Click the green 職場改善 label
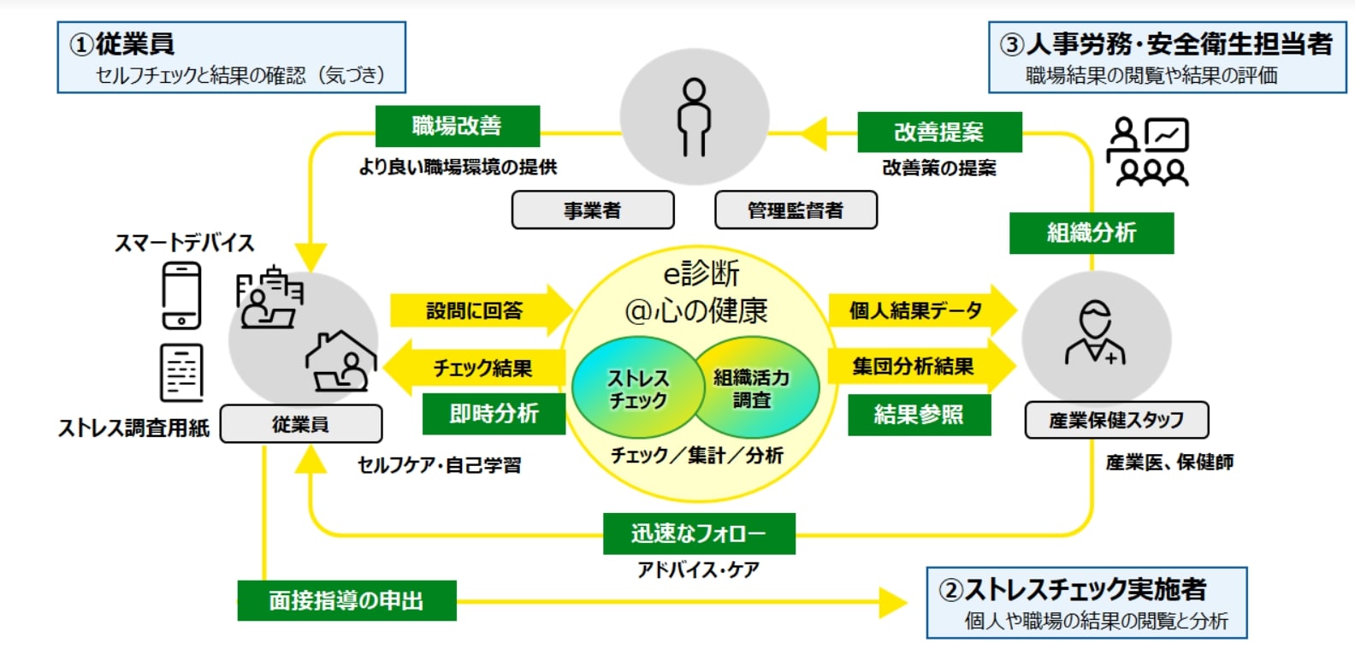[x=458, y=127]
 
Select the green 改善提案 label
[x=939, y=133]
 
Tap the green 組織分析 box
[x=1092, y=233]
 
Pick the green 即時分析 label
[x=494, y=414]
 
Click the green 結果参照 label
[x=919, y=415]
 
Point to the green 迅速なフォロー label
[x=699, y=534]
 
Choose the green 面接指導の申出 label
[x=346, y=600]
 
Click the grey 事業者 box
[x=593, y=210]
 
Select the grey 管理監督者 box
[x=796, y=210]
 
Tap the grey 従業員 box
[x=301, y=424]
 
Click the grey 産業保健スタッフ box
[x=1116, y=420]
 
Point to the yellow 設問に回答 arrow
[x=480, y=310]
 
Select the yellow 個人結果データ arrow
[x=920, y=310]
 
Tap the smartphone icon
[x=181, y=295]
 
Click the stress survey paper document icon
[x=181, y=372]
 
